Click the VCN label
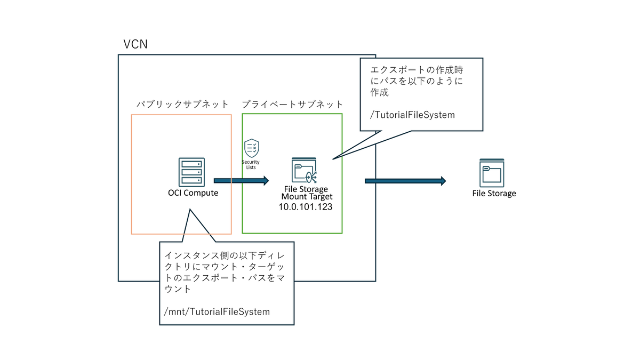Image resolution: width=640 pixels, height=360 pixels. pos(135,44)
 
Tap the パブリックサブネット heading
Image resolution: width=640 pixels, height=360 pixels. pos(182,105)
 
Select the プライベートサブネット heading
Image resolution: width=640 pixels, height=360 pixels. pos(292,105)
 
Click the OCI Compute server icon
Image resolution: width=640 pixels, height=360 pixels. pos(191,172)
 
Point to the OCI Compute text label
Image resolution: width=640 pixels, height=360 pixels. pos(193,193)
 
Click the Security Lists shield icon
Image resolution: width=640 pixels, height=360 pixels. pos(252,148)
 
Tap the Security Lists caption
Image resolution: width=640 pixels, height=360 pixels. pos(251,165)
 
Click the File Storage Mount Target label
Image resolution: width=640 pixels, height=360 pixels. pos(307,193)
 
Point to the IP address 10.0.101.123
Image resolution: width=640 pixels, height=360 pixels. pos(306,207)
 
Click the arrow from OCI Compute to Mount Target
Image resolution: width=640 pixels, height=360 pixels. pos(242,181)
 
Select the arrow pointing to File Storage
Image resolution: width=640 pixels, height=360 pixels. pos(405,181)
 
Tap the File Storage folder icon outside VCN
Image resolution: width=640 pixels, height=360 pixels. pos(492,173)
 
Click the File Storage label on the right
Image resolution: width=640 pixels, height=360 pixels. pos(494,194)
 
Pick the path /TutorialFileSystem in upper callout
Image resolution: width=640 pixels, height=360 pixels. pos(412,115)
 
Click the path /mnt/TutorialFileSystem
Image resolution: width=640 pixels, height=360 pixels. pos(217,311)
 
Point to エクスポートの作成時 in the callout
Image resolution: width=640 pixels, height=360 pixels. pos(417,70)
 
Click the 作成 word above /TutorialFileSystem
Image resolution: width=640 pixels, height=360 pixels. pos(379,92)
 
